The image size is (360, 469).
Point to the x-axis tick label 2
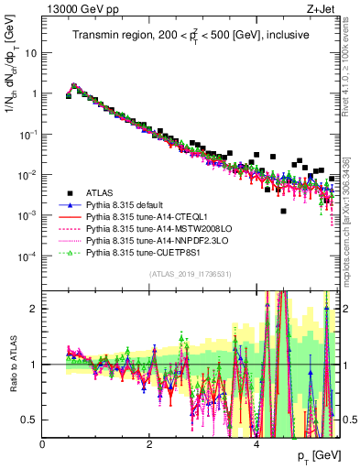tap(149, 443)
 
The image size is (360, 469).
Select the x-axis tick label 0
tap(42, 443)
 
